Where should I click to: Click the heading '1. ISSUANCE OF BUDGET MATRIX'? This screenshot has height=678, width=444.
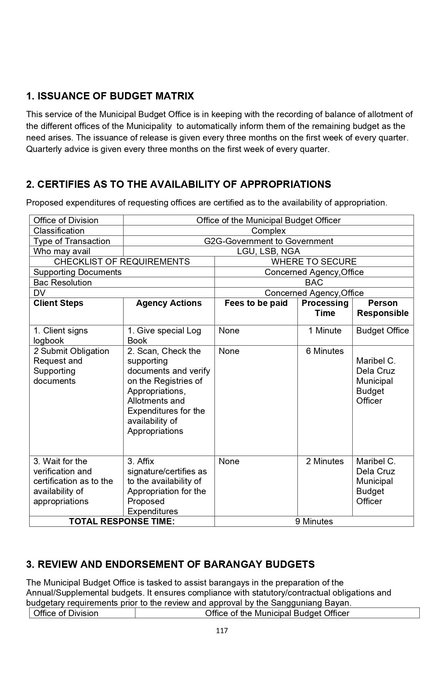click(x=110, y=96)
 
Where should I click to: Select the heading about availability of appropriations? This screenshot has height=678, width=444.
click(x=178, y=184)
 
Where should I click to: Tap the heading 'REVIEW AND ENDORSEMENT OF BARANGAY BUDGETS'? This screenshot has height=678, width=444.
click(x=170, y=564)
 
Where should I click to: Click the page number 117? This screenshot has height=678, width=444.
click(x=222, y=630)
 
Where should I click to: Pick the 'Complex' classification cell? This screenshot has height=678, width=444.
click(x=268, y=231)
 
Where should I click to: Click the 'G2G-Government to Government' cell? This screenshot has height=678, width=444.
click(x=268, y=241)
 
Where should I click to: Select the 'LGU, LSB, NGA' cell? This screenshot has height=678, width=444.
click(x=268, y=251)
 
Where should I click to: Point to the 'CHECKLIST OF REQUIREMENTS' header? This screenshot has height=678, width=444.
click(x=122, y=261)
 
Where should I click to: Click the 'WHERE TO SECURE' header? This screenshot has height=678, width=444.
click(x=314, y=261)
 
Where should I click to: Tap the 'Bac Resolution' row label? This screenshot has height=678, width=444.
click(x=63, y=282)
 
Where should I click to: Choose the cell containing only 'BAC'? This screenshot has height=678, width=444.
click(x=314, y=282)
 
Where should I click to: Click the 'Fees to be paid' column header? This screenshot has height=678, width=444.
click(x=256, y=303)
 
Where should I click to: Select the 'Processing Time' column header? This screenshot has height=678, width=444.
click(x=325, y=308)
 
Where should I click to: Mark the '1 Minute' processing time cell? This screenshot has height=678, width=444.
click(x=325, y=331)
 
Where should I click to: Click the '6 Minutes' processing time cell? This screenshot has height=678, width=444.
click(x=325, y=351)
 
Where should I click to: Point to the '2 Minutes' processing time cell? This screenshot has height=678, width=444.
click(x=325, y=461)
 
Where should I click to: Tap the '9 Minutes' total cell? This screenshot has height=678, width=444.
click(x=314, y=522)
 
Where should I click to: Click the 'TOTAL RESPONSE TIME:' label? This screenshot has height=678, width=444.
click(x=122, y=522)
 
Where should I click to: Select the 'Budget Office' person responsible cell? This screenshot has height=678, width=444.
click(x=382, y=331)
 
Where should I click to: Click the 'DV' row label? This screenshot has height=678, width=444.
click(x=39, y=293)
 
